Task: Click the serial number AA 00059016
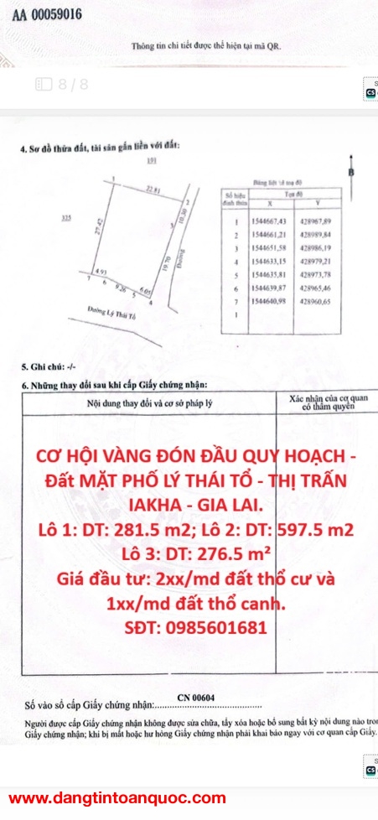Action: (47, 14)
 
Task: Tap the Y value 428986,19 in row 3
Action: (315, 250)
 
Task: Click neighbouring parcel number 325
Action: (66, 218)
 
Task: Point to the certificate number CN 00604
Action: (196, 697)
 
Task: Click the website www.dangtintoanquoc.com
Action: (117, 798)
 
